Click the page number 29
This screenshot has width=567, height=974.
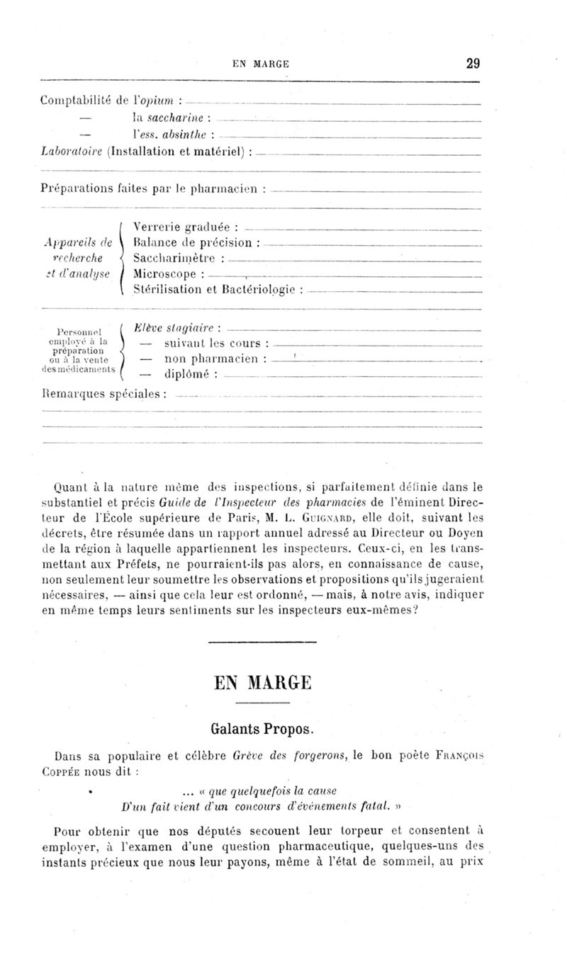click(x=473, y=63)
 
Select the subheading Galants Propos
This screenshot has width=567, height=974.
click(x=262, y=729)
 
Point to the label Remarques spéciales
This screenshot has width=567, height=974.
click(x=103, y=392)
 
